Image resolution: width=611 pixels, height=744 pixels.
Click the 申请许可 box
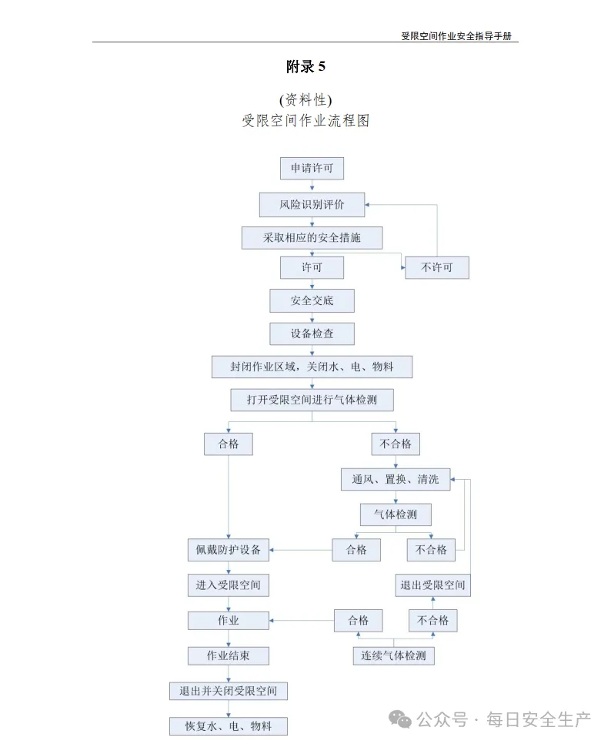pos(312,169)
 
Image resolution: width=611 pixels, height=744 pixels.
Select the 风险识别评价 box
pos(312,205)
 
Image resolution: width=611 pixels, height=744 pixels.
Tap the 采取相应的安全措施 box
pos(312,238)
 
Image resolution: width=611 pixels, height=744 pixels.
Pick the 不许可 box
pos(437,267)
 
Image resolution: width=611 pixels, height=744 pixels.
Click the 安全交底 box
pos(312,301)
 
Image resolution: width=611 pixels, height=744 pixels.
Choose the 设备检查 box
pos(312,333)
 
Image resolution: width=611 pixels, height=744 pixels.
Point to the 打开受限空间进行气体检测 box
pos(312,400)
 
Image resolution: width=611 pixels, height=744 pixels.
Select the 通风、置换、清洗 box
pos(396,479)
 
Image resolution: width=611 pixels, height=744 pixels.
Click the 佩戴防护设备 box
pos(229,550)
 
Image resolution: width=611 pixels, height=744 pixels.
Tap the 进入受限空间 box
pos(229,585)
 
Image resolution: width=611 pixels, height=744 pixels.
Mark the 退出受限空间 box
pos(432,585)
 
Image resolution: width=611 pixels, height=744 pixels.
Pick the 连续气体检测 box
pos(393,655)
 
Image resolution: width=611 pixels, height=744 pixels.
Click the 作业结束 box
pos(229,655)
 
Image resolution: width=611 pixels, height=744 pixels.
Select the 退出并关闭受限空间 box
pos(229,691)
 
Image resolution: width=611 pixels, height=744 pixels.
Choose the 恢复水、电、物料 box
pos(229,726)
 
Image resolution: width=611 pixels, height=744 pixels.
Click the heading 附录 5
pos(305,66)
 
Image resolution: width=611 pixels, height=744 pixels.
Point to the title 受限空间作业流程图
pos(305,120)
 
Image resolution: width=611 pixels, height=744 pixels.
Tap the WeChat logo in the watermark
pos(399,719)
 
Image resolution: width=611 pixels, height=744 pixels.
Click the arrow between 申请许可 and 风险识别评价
pos(312,186)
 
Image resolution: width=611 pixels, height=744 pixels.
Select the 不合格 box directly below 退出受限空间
pos(432,620)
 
